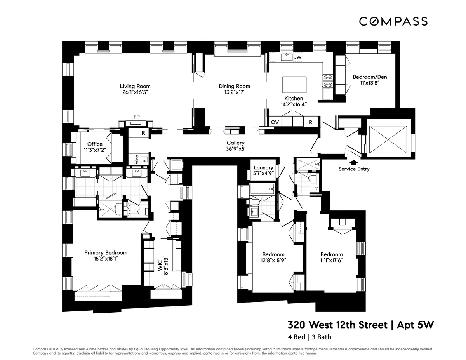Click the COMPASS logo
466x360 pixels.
coord(393,21)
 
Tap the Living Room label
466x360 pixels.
coord(135,86)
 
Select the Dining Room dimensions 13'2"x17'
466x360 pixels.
coord(234,92)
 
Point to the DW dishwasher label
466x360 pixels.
coord(297,57)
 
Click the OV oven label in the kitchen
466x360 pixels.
coord(275,122)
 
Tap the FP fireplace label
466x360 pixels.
coord(136,116)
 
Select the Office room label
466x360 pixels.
coord(95,144)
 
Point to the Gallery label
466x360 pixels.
coord(236,143)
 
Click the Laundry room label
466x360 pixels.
coord(264,168)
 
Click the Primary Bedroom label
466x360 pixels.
coord(106,253)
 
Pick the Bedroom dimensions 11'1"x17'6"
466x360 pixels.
coord(331,261)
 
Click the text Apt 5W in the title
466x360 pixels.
coord(415,325)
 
